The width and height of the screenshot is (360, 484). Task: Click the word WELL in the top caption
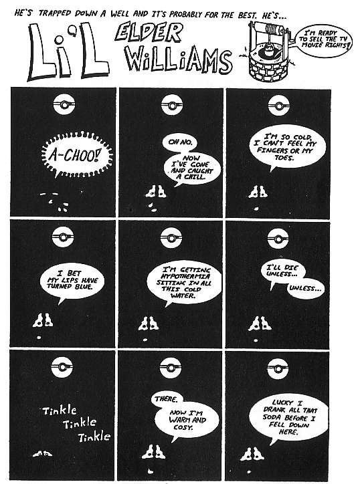tap(120, 14)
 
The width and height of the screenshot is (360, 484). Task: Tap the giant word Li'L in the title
tap(69, 52)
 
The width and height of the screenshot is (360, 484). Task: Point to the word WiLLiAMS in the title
tap(178, 59)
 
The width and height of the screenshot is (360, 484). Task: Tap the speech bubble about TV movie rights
tap(324, 40)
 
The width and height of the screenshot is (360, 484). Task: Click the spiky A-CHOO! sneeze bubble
tap(77, 155)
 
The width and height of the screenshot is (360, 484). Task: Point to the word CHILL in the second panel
tap(195, 177)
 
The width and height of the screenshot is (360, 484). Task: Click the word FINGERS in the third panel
tap(272, 150)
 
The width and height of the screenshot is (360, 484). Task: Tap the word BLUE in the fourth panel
tap(84, 287)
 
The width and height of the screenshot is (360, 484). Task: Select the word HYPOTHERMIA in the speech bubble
tap(186, 276)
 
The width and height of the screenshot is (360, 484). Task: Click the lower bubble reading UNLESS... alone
tap(306, 288)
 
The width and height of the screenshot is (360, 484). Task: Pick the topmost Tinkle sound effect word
tap(60, 410)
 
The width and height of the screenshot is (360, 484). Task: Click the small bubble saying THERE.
tap(166, 399)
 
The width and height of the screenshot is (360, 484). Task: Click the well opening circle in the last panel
tap(277, 369)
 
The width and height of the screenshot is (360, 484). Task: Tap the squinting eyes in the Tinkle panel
tap(43, 454)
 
